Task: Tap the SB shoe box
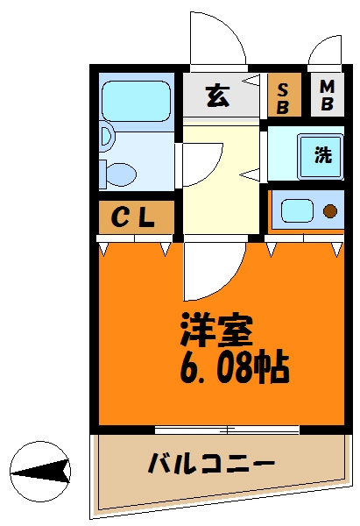[284, 94]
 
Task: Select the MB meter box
[326, 94]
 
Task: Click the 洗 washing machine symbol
[322, 155]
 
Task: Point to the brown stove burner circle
[330, 211]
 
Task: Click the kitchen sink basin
[296, 211]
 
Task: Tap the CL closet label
[134, 218]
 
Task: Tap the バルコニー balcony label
[211, 462]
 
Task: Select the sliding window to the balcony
[227, 430]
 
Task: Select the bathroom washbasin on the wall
[105, 136]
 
